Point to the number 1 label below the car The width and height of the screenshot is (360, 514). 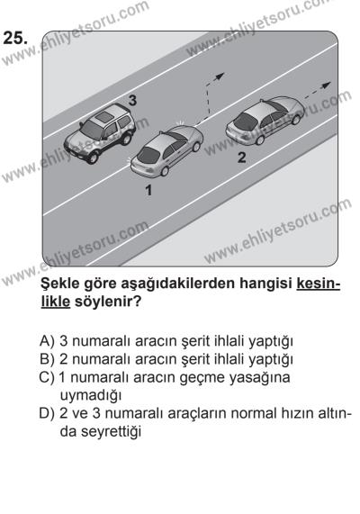[148, 191]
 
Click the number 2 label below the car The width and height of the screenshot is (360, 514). [240, 158]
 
